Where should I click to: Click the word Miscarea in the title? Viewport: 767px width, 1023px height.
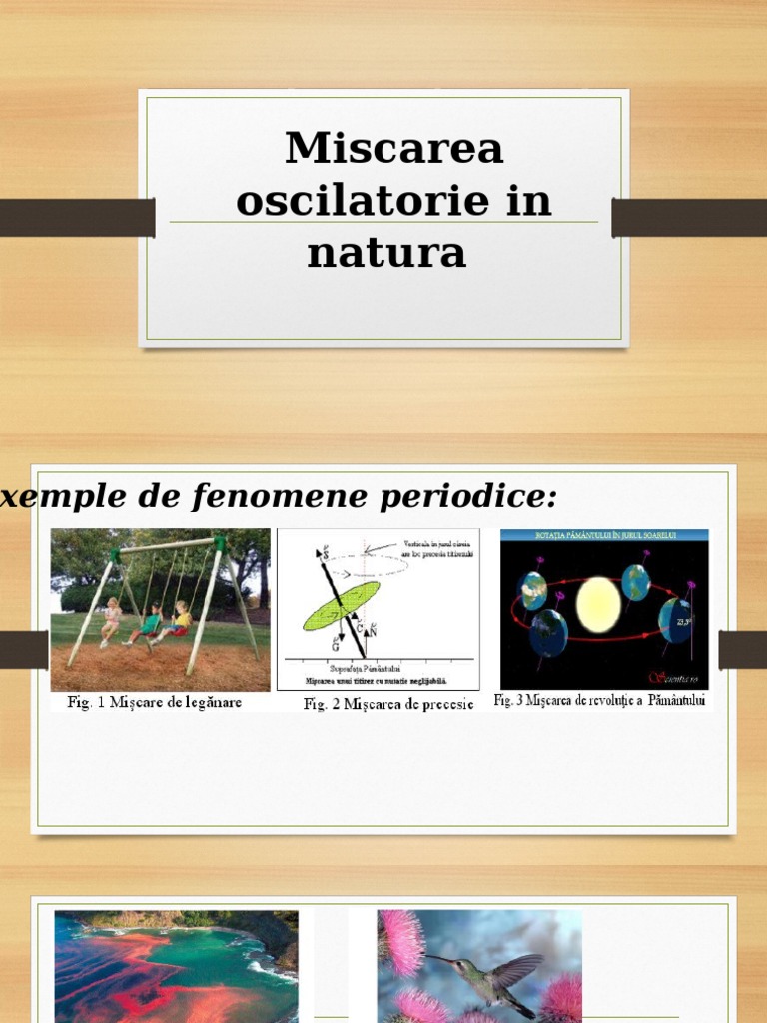click(393, 148)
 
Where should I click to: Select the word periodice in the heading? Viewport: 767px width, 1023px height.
click(468, 497)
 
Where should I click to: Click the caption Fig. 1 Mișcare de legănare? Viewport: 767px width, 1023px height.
click(155, 702)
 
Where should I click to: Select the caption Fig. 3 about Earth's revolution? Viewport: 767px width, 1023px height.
click(599, 701)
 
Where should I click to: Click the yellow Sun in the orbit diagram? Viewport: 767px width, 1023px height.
click(597, 605)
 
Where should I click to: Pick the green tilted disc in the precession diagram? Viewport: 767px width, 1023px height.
click(341, 606)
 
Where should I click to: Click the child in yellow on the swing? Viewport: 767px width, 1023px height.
click(180, 619)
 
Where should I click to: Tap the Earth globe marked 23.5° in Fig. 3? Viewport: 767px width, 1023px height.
click(676, 620)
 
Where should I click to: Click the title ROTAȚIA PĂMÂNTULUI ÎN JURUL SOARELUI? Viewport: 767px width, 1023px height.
click(603, 536)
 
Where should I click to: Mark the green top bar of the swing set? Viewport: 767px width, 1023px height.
click(166, 546)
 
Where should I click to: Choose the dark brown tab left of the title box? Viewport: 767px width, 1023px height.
click(77, 218)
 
